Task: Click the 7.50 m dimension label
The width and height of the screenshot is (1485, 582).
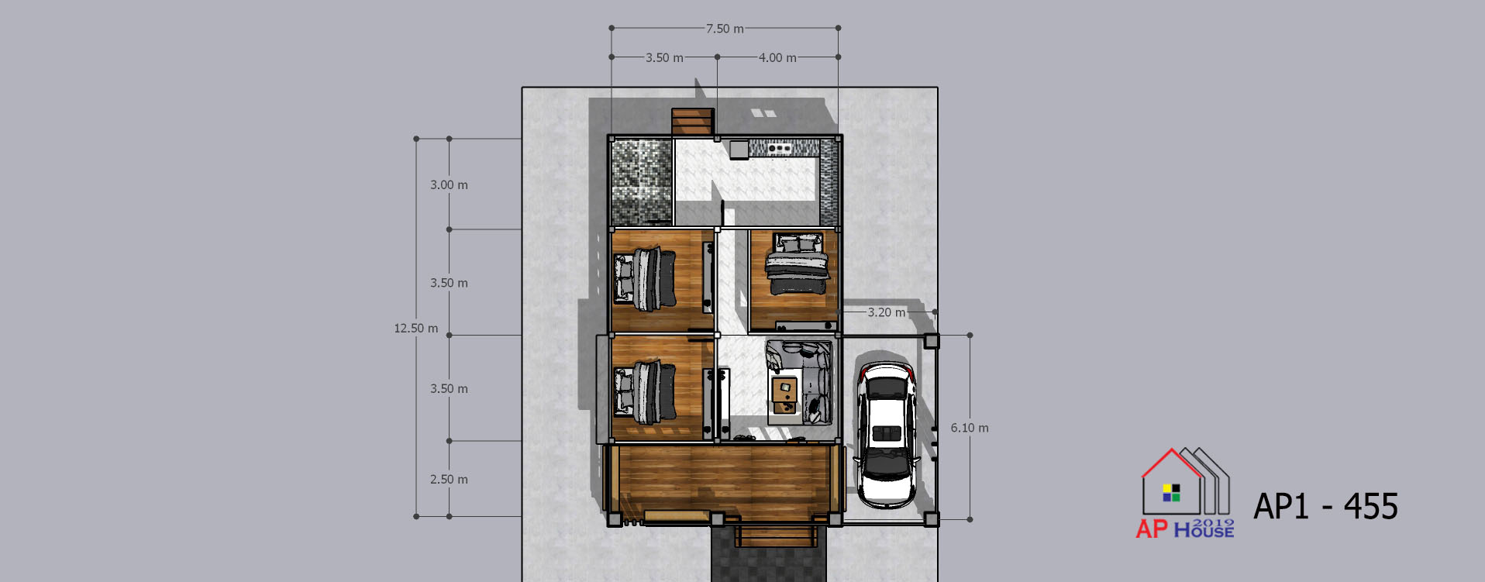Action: tap(724, 29)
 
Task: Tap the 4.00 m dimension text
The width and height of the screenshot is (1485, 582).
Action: tap(777, 58)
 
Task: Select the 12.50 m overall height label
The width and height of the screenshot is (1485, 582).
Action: tap(416, 329)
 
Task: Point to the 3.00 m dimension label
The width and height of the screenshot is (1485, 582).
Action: tap(449, 185)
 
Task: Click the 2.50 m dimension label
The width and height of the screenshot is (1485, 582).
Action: tap(449, 480)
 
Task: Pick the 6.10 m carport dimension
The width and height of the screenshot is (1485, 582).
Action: tap(970, 428)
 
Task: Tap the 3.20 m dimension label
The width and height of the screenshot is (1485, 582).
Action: tap(887, 312)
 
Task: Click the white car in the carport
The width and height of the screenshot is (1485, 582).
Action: tap(886, 434)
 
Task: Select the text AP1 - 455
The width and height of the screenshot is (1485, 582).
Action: tap(1326, 507)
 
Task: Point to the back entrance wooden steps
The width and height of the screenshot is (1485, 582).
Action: tap(693, 122)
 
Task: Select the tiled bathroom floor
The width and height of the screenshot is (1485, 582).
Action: tap(641, 183)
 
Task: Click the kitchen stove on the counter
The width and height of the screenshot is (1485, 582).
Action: tap(780, 147)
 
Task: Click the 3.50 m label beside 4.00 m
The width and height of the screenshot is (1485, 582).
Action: tap(664, 58)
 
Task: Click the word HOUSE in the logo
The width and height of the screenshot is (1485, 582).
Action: tap(1204, 531)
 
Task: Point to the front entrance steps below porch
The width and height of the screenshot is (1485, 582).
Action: tap(775, 536)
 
